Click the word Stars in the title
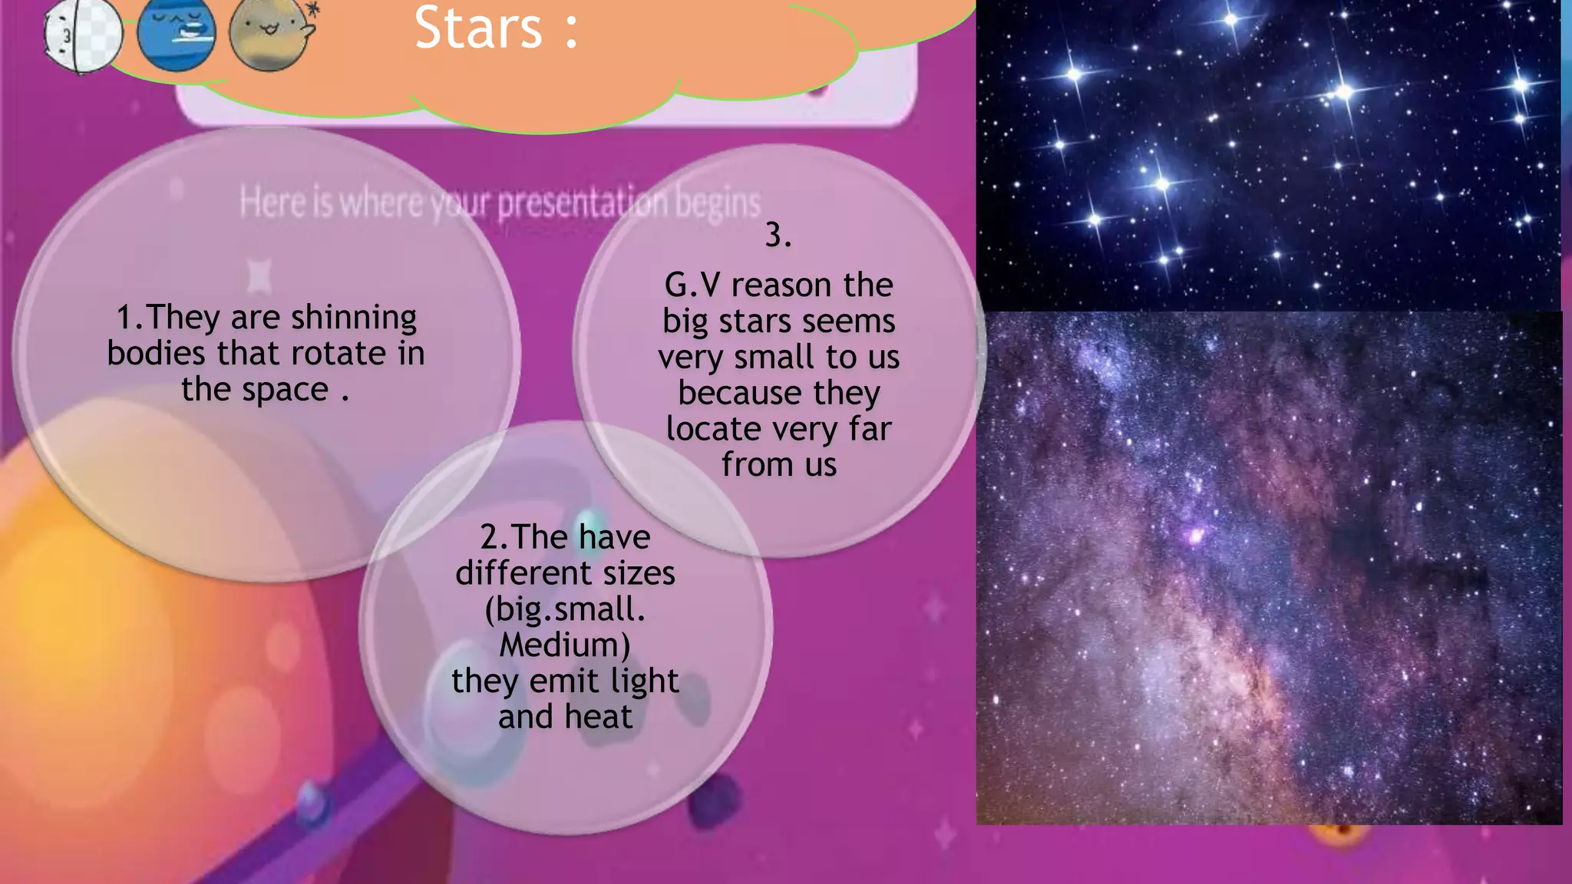478,28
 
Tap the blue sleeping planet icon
177,34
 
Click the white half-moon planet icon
82,35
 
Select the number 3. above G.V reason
778,235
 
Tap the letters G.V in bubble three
692,285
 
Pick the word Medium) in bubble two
565,645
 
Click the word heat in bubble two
599,717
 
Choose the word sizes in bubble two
639,573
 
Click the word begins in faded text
718,203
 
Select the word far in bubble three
870,429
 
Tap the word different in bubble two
523,573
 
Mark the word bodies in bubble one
156,354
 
